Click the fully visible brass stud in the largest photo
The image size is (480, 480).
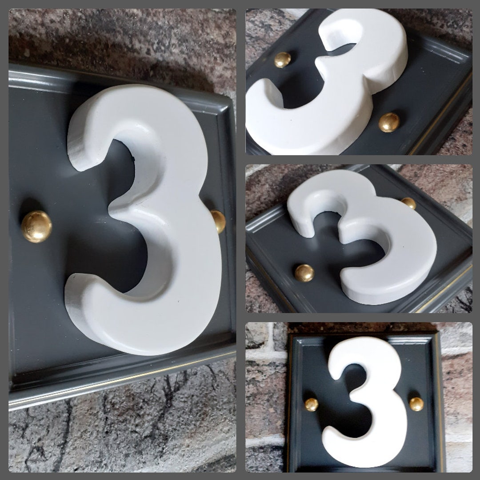point(36,227)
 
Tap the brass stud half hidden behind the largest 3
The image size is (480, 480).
point(219,221)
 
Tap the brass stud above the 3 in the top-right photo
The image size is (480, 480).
point(282,60)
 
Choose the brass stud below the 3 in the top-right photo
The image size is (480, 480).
point(389,122)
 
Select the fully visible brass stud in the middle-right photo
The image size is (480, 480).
point(304,273)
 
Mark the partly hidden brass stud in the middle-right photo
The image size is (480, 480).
point(409,203)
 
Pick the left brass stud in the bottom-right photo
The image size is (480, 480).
point(311,404)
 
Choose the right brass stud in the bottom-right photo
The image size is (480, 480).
point(416,404)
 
